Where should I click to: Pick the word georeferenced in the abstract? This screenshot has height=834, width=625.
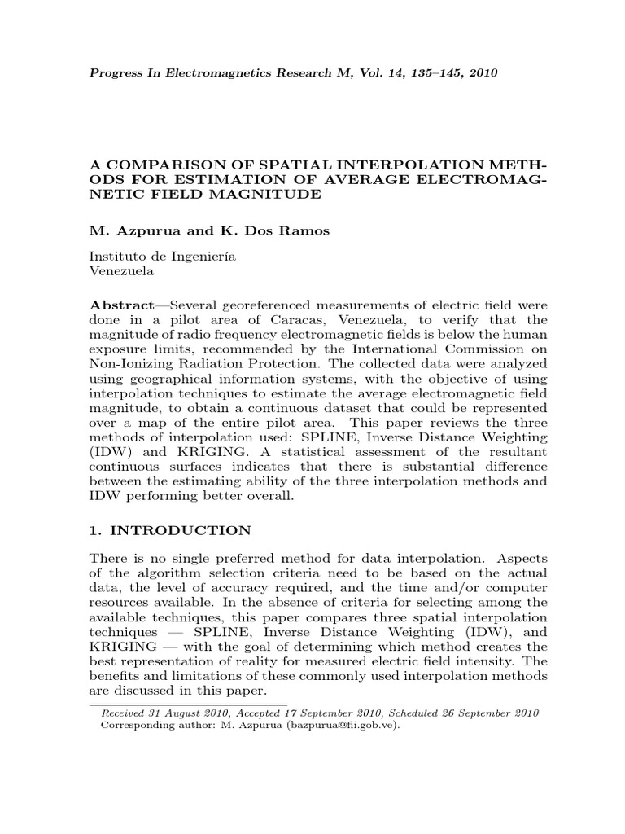[266, 302]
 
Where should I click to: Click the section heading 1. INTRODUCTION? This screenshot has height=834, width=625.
[170, 529]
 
